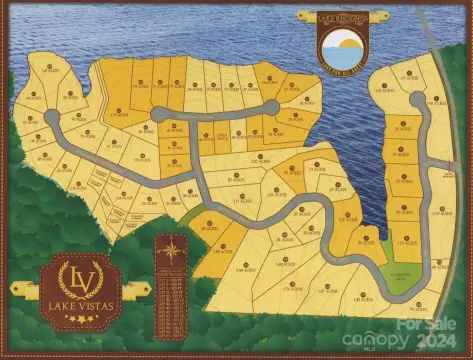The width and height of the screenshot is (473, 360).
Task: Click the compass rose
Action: click(172, 250)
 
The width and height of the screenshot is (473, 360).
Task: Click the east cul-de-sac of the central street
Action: click(270, 107)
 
